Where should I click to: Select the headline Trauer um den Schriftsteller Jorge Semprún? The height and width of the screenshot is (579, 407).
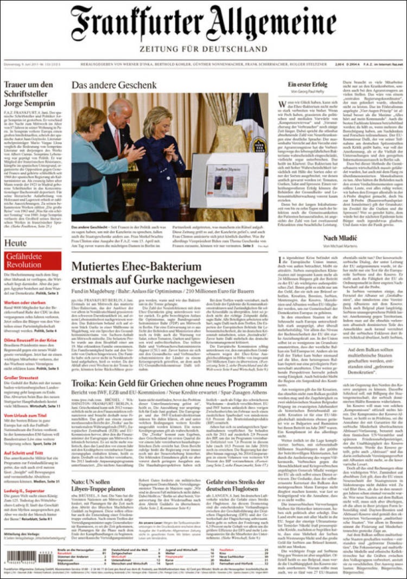(30, 93)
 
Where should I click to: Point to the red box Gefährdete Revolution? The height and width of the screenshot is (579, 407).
(32, 260)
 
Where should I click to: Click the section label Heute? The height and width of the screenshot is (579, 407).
(16, 243)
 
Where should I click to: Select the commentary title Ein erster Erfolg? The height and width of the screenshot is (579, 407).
(307, 85)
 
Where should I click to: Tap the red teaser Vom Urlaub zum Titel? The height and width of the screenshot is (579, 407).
(25, 416)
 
